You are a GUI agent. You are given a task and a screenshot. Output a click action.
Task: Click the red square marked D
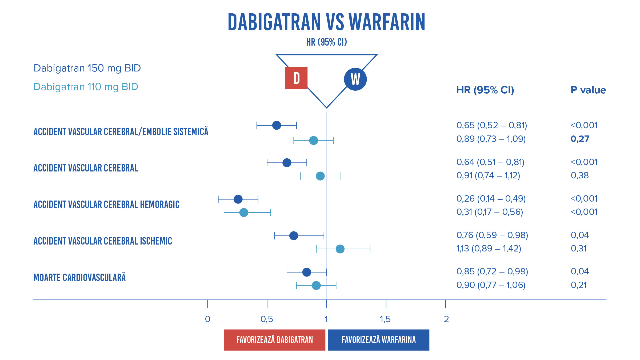pyautogui.click(x=296, y=78)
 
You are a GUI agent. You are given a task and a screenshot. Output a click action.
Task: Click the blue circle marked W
pyautogui.click(x=355, y=79)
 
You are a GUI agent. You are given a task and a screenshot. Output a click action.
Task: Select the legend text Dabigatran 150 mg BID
pyautogui.click(x=87, y=68)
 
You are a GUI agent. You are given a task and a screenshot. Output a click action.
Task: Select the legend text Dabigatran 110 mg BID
pyautogui.click(x=86, y=87)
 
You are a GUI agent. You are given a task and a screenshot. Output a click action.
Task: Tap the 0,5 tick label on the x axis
pyautogui.click(x=267, y=319)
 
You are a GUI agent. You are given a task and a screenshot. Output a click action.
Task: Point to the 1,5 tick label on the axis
pyautogui.click(x=385, y=319)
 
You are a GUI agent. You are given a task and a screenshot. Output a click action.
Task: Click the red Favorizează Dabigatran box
pyautogui.click(x=274, y=340)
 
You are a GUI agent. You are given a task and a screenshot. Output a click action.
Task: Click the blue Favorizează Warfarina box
pyautogui.click(x=378, y=340)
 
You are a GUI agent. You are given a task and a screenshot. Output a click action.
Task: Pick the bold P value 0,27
pyautogui.click(x=580, y=139)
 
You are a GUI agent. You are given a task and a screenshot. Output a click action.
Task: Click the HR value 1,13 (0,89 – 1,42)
pyautogui.click(x=489, y=249)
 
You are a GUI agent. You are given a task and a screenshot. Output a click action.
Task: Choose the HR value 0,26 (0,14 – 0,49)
pyautogui.click(x=491, y=199)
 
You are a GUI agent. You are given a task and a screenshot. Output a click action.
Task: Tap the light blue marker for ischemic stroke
pyautogui.click(x=340, y=249)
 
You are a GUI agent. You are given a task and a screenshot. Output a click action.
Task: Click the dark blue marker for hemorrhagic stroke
pyautogui.click(x=238, y=199)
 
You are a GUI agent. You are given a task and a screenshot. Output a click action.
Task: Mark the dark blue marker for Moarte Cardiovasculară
pyautogui.click(x=307, y=272)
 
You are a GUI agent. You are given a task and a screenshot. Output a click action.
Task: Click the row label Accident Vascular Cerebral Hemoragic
pyautogui.click(x=106, y=205)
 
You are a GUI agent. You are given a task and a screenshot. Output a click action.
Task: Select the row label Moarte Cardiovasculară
pyautogui.click(x=79, y=278)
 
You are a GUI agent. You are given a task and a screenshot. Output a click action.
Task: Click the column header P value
pyautogui.click(x=588, y=90)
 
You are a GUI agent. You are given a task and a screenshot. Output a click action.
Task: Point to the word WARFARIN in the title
pyautogui.click(x=387, y=22)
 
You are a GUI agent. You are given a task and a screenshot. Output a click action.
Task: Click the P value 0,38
pyautogui.click(x=579, y=175)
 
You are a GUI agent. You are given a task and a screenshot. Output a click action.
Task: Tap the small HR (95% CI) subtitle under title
pyautogui.click(x=326, y=42)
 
